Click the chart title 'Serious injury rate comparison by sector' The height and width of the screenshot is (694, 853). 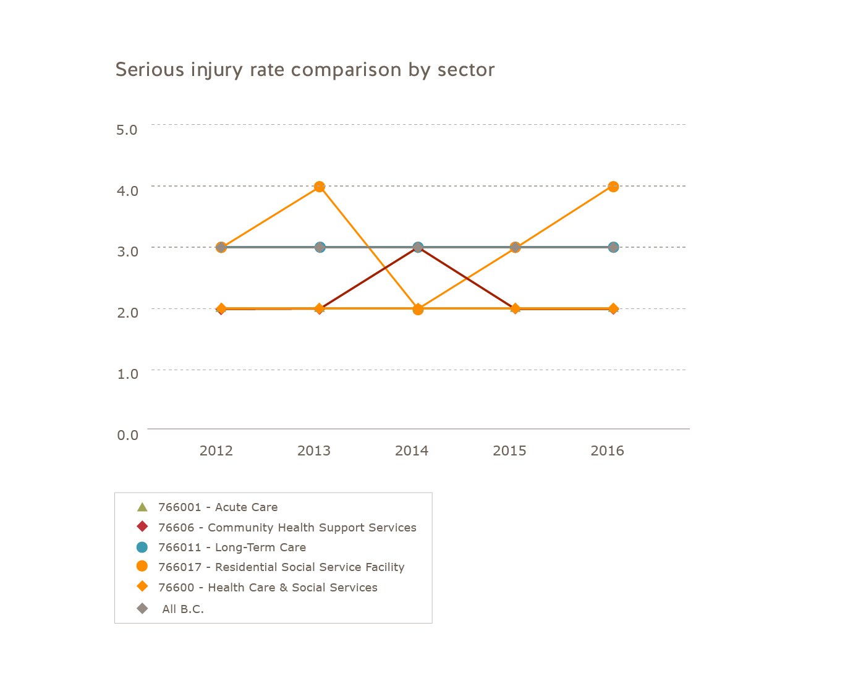305,70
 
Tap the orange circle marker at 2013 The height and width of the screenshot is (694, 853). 320,187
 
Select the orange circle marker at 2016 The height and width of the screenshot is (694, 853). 613,187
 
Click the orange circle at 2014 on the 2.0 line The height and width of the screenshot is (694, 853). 418,309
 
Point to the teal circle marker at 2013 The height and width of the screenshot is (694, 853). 320,247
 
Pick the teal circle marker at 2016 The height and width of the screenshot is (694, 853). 613,247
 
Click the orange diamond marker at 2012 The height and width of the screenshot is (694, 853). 221,308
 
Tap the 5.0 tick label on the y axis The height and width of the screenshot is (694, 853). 127,129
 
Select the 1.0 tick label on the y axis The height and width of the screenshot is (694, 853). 127,373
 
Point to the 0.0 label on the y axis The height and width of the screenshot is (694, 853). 127,435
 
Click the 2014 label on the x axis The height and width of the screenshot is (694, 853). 412,451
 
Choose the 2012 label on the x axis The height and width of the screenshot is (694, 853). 216,451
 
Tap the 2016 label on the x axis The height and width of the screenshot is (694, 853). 607,451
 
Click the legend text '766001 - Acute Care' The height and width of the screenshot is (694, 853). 218,507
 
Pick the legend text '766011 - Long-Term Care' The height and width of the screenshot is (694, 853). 232,548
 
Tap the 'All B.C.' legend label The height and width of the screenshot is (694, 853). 183,609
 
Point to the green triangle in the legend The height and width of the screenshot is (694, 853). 142,507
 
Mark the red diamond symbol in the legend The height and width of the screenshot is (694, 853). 142,527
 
